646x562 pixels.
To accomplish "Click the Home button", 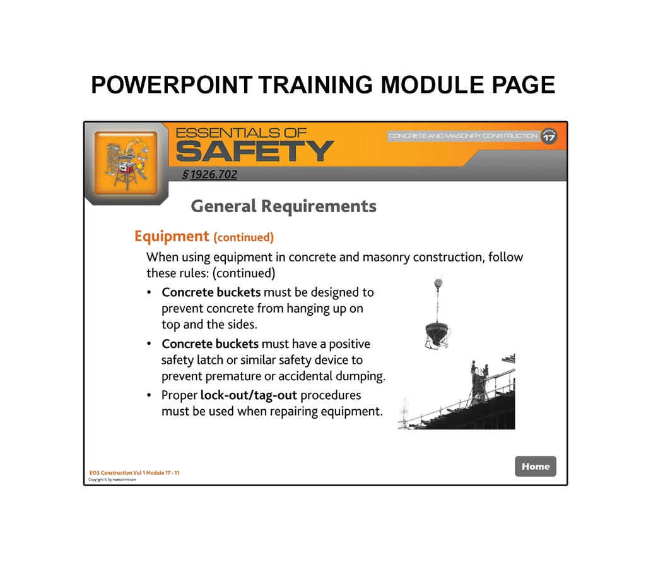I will click(x=535, y=466).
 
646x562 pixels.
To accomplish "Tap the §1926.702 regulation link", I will click(x=209, y=174).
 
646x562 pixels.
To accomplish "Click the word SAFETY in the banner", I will click(x=254, y=152).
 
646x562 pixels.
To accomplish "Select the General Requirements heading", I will click(x=283, y=206).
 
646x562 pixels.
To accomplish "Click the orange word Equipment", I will click(x=171, y=236).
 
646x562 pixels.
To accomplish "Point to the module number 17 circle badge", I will click(x=549, y=136).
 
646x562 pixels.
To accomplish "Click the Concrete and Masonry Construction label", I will click(x=463, y=136).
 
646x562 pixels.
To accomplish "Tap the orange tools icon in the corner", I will click(x=126, y=163).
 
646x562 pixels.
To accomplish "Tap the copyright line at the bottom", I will click(x=112, y=480).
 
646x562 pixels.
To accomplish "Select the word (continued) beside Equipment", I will click(x=244, y=237).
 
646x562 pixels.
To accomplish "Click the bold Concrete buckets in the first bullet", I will click(x=211, y=292).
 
